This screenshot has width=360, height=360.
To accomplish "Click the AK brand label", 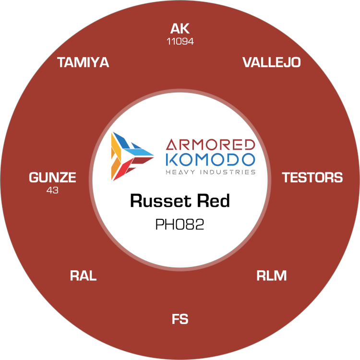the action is (x=180, y=29).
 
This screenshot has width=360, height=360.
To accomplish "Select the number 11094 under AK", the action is (x=180, y=42).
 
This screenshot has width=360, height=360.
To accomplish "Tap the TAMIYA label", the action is (x=83, y=62).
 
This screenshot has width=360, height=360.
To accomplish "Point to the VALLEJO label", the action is (x=272, y=62).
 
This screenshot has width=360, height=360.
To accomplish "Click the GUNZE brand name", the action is (x=52, y=178).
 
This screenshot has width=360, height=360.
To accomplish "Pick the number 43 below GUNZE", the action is (x=52, y=190).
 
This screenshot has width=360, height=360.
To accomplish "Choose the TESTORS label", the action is (x=312, y=178).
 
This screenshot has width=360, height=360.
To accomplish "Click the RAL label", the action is (x=83, y=276).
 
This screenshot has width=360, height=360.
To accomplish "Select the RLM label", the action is (x=272, y=276).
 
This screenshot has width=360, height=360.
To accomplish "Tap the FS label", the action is (x=180, y=319).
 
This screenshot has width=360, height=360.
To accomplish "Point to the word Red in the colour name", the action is (x=213, y=201).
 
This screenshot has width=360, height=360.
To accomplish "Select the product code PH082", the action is (x=180, y=224).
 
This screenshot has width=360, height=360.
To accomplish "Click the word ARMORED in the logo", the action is (x=210, y=144).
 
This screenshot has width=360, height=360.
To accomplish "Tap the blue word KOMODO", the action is (x=210, y=159).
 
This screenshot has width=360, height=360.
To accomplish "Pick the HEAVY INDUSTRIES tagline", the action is (x=210, y=172).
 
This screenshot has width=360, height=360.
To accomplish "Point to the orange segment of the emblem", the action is (x=116, y=169).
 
